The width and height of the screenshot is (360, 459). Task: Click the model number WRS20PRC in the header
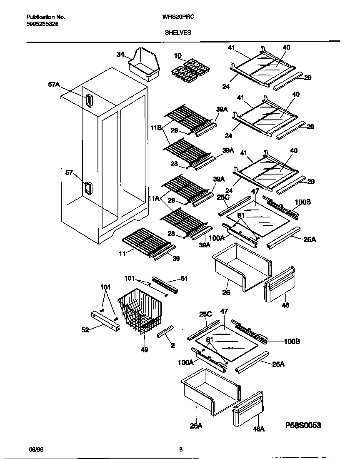(178, 17)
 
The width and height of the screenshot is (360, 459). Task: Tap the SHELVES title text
(178, 32)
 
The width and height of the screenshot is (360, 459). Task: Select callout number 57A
(54, 85)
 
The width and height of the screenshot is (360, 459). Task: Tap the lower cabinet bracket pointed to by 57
(88, 188)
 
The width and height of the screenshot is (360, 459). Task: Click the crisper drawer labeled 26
(241, 269)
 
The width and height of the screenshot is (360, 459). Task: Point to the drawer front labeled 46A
(248, 409)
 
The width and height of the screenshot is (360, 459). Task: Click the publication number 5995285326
(42, 25)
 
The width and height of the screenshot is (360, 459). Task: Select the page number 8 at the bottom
(180, 449)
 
